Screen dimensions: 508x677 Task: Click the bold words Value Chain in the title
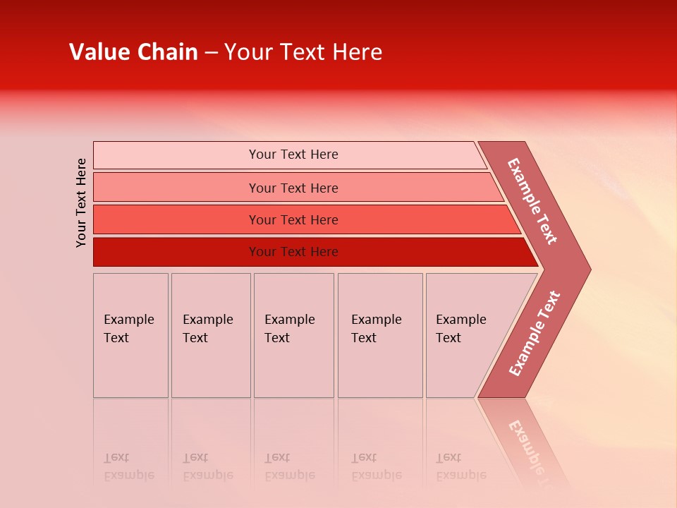click(133, 52)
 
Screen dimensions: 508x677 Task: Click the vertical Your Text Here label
click(81, 202)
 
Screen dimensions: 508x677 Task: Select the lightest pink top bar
click(176, 155)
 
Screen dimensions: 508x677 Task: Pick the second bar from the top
click(176, 188)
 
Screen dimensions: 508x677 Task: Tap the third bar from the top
click(176, 219)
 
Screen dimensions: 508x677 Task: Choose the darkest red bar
click(176, 252)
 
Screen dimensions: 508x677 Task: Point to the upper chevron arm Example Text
click(532, 201)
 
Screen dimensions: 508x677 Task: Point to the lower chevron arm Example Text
click(535, 333)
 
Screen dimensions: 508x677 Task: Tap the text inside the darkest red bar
click(293, 252)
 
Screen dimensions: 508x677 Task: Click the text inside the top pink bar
click(293, 155)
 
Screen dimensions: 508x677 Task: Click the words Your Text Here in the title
click(303, 52)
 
